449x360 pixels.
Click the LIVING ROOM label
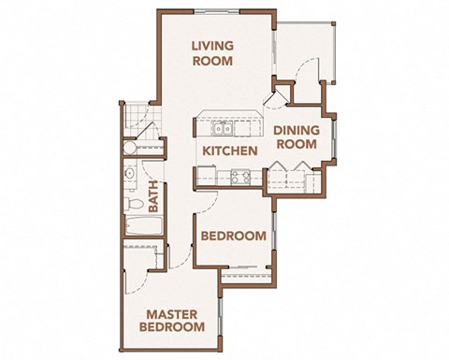[x=213, y=53]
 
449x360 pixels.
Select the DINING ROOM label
[x=297, y=137]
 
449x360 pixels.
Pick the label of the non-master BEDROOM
[x=233, y=237]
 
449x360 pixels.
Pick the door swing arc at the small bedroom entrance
[x=210, y=201]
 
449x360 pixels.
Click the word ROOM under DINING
[x=297, y=146]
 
